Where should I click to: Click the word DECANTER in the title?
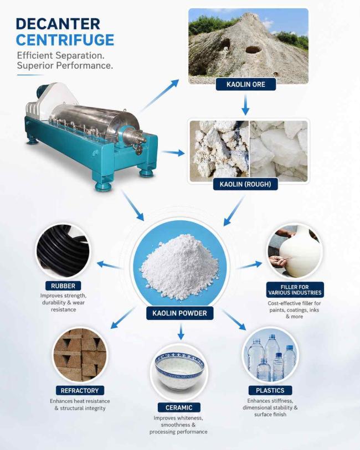click(58, 24)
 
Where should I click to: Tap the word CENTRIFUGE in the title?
click(65, 40)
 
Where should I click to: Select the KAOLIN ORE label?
click(246, 84)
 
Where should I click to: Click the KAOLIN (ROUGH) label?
click(245, 184)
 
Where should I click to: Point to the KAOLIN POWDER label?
click(179, 313)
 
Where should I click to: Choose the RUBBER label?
click(63, 286)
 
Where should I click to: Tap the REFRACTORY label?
click(80, 391)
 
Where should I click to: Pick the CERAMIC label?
click(179, 407)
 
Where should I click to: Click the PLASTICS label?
click(270, 390)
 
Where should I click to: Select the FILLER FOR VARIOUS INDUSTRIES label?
click(295, 290)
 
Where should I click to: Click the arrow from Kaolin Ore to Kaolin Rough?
click(245, 105)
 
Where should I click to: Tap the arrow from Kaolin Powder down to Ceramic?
click(181, 332)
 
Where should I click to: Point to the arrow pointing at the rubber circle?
click(109, 265)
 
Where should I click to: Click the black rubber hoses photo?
click(63, 251)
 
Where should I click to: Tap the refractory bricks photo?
click(80, 355)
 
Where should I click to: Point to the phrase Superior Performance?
click(65, 65)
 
